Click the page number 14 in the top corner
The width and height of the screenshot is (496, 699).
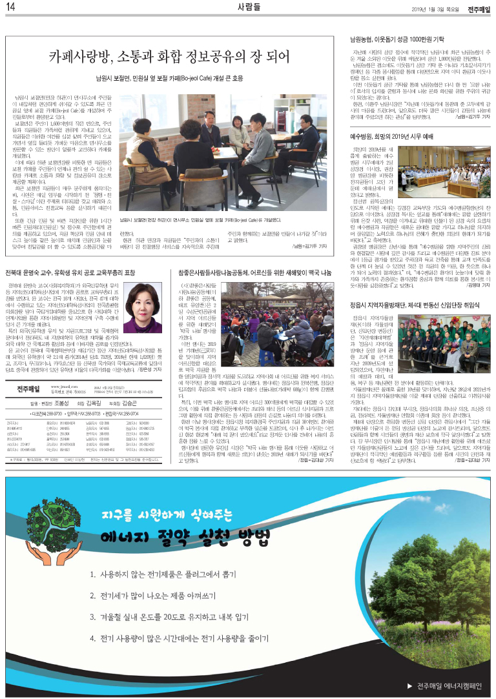[x=11, y=8]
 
